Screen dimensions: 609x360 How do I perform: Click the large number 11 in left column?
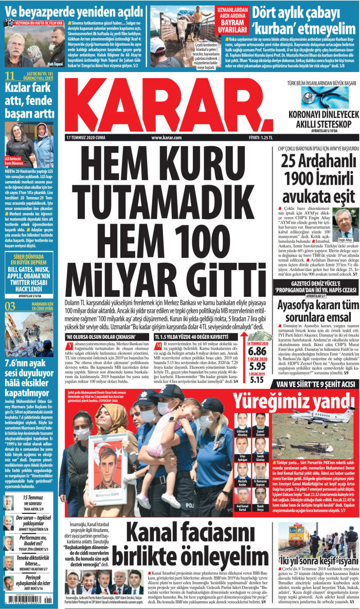[x=9, y=78]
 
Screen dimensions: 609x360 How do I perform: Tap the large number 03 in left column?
[x=10, y=307]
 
